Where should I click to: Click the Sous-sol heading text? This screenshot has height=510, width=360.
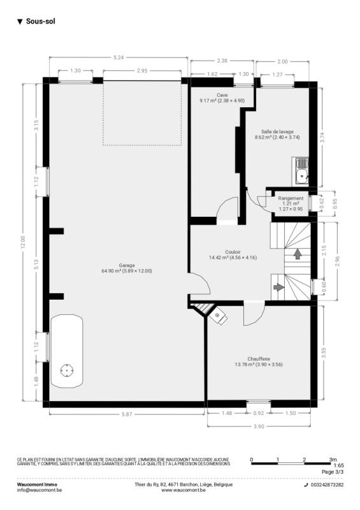41,22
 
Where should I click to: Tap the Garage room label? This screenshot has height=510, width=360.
127,265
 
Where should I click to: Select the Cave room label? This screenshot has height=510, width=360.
222,95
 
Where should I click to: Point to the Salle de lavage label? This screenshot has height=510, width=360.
277,132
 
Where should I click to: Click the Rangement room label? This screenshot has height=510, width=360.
291,198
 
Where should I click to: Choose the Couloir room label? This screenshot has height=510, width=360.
233,252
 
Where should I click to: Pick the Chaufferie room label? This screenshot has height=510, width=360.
259,359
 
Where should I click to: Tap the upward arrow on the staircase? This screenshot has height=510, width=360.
297,254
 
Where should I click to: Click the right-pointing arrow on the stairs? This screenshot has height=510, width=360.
278,288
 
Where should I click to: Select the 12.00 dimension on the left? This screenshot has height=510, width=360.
23,242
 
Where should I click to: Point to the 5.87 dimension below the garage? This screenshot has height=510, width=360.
127,414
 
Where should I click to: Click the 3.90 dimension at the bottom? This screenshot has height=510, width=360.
259,426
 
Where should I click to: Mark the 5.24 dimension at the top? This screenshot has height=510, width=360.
119,57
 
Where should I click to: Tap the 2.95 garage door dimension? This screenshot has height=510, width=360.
142,71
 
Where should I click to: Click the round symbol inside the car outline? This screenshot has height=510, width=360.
67,370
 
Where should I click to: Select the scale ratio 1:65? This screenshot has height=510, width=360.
338,466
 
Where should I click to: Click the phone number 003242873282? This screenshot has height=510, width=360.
327,484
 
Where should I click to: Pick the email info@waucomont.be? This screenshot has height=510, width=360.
40,490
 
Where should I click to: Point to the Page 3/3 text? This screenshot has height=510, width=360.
333,472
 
